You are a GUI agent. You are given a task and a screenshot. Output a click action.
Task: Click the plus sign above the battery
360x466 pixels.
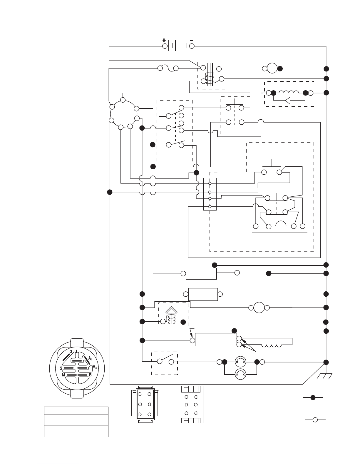[164, 40]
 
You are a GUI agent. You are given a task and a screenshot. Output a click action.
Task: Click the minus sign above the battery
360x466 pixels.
[191, 40]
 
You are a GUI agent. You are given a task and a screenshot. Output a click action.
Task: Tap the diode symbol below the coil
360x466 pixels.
[288, 100]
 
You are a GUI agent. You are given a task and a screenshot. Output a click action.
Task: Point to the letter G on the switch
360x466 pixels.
[71, 352]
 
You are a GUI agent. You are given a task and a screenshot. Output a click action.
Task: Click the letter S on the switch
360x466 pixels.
[61, 368]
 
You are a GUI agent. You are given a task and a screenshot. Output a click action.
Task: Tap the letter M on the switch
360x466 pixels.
[63, 375]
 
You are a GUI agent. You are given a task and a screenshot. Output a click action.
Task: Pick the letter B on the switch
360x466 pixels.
[91, 375]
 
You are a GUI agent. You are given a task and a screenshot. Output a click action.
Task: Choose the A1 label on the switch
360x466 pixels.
[91, 358]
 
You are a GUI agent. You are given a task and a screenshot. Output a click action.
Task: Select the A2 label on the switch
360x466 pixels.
[95, 367]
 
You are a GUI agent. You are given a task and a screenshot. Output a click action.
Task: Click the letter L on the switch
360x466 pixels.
[77, 351]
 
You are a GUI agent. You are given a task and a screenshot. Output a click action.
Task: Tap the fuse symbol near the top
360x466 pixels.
[168, 69]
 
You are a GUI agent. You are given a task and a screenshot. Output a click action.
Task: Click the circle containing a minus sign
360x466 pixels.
[272, 69]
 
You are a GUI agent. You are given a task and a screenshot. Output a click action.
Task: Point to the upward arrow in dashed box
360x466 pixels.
[171, 310]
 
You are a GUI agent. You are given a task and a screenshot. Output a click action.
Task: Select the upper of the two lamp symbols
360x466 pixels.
[240, 362]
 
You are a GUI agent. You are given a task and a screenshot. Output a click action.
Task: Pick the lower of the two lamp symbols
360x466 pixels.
[240, 374]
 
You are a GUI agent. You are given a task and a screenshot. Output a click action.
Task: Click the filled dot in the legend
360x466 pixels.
[313, 397]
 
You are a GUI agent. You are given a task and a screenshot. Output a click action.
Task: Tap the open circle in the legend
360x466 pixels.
[315, 420]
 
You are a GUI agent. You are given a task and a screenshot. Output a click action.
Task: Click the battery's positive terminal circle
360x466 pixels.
[165, 46]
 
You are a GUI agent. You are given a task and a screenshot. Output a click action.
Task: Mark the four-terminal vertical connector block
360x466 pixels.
[210, 194]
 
